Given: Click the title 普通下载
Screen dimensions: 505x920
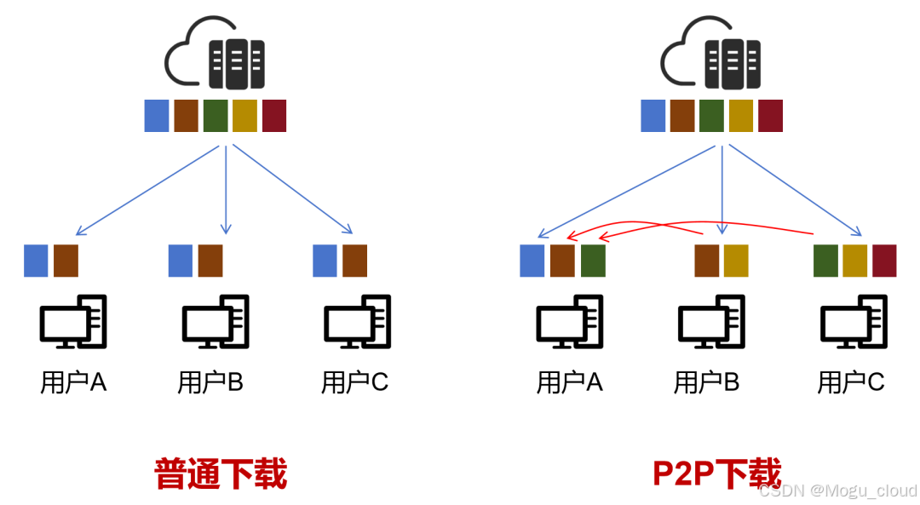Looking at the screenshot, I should point(221,473).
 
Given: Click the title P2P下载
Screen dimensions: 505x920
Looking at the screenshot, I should point(716,473).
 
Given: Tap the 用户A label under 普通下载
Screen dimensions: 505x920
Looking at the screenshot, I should point(73,382).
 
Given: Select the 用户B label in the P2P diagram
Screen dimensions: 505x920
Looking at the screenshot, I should point(706,382).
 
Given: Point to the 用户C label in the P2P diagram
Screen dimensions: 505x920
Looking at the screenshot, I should point(851,382).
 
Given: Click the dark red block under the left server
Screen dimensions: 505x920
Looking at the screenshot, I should point(274,116).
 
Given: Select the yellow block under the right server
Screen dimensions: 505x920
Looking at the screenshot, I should point(741,116).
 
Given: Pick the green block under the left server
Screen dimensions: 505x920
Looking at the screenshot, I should point(216,116).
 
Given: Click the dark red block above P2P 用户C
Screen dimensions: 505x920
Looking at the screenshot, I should point(884,261).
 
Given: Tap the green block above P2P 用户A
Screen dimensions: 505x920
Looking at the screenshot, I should point(593,261).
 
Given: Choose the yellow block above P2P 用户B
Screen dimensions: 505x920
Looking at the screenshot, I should point(736,261).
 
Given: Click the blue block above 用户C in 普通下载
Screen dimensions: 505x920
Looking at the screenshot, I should point(325,261).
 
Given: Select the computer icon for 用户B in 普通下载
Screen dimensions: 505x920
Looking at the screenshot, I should point(215,321).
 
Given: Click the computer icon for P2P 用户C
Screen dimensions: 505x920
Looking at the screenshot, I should point(853,321).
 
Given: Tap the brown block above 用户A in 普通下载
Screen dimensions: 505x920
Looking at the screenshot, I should point(66,261).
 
